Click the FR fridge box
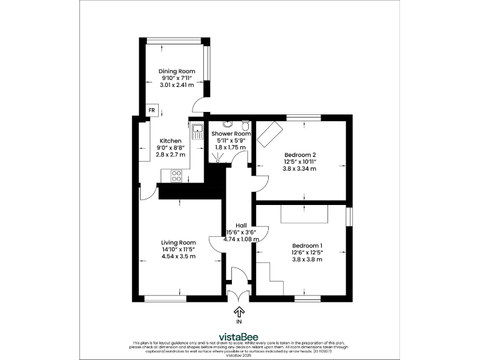pyautogui.click(x=151, y=110)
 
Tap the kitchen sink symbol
pyautogui.click(x=198, y=131)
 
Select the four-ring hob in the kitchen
pyautogui.click(x=176, y=176)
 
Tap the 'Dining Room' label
pyautogui.click(x=177, y=72)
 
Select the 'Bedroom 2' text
pyautogui.click(x=300, y=154)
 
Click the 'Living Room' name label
pyautogui.click(x=178, y=242)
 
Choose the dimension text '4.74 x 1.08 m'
pyautogui.click(x=241, y=239)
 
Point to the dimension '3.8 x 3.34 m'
pyautogui.click(x=300, y=169)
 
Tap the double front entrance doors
pyautogui.click(x=239, y=296)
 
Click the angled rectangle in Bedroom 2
pyautogui.click(x=271, y=132)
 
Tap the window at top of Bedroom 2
pyautogui.click(x=304, y=117)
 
